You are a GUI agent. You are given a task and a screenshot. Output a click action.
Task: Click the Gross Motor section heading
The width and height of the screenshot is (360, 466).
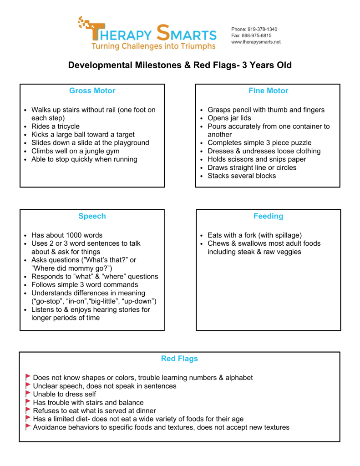point(92,91)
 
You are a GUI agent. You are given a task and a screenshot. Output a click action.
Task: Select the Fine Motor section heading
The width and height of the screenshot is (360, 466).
point(268,91)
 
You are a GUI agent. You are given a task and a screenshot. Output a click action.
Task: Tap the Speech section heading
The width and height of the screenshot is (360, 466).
point(92,216)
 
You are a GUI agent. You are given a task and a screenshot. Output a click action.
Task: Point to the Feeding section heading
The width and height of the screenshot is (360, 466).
point(268,216)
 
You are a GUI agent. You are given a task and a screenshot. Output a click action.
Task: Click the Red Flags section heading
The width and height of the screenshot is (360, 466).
point(179,359)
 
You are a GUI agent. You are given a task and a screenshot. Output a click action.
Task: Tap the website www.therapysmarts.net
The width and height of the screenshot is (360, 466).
point(256,42)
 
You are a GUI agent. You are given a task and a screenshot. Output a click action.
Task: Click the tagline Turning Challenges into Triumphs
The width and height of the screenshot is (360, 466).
point(153,46)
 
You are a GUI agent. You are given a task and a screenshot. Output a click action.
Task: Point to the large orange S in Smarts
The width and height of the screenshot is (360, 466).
point(163,33)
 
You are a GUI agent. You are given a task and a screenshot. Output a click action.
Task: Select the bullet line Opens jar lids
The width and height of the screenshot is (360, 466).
point(229,118)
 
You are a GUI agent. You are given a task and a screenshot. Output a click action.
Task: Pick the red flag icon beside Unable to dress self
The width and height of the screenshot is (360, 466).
point(28,394)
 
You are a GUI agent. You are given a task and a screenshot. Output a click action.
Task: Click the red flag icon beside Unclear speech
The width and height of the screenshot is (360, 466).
point(28,385)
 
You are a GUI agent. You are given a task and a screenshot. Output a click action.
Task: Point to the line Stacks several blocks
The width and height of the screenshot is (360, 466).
point(241,176)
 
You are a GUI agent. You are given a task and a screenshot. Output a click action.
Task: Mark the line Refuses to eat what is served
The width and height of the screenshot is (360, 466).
point(94,410)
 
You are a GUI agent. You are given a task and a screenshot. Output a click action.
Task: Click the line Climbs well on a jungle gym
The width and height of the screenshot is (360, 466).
point(75,151)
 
